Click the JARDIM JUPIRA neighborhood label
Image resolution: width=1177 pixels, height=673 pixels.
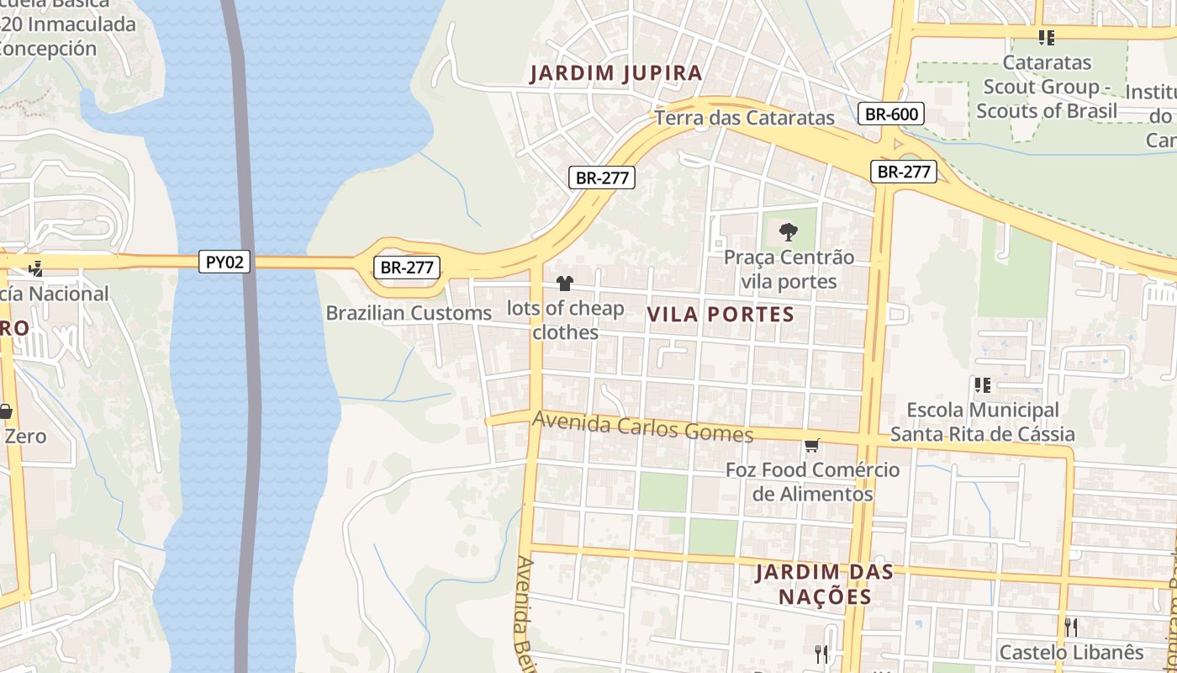tap(616, 73)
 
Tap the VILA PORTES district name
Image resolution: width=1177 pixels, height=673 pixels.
tap(720, 315)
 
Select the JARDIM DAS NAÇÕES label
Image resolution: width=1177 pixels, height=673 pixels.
tap(812, 585)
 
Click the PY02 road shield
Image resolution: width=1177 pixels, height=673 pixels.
tap(225, 262)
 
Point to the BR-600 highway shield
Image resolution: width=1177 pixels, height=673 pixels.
tap(891, 114)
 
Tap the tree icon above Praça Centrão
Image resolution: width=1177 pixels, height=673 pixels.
tap(788, 231)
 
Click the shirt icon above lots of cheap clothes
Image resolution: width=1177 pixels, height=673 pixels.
tap(565, 284)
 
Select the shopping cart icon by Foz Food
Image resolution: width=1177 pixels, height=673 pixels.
tap(811, 445)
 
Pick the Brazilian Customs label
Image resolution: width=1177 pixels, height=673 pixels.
tap(409, 313)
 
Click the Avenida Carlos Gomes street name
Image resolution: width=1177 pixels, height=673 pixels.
tap(643, 427)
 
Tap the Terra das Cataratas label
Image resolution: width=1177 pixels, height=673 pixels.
tap(744, 118)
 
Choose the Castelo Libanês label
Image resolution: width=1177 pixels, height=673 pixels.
tap(1071, 652)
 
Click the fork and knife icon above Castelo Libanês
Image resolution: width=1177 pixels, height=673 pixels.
tap(1071, 627)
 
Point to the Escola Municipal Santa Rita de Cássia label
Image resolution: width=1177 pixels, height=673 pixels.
tap(982, 422)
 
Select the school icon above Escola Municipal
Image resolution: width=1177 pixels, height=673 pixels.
tap(981, 385)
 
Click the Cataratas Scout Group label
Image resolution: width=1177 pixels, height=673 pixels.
tap(1047, 87)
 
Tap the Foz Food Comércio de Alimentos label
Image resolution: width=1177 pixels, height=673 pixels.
tap(812, 482)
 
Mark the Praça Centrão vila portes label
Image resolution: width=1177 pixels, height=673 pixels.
tap(789, 269)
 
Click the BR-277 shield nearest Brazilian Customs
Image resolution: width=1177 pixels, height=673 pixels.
tap(407, 268)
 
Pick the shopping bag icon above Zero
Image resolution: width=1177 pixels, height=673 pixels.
tap(5, 411)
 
